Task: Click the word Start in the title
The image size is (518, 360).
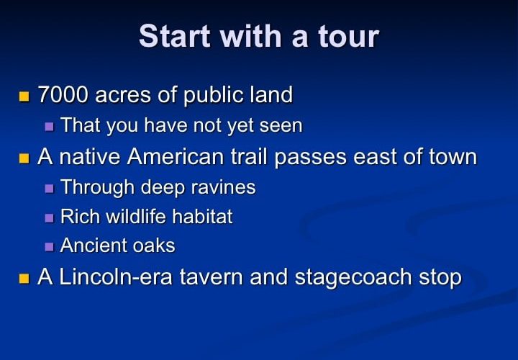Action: tap(174, 36)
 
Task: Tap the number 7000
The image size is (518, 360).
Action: tap(63, 94)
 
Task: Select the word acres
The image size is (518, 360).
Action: tap(122, 96)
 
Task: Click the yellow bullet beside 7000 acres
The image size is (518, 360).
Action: tap(24, 96)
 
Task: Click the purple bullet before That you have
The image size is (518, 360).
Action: tap(49, 127)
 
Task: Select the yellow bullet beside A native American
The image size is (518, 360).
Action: tap(24, 158)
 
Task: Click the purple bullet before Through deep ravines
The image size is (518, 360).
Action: tap(49, 189)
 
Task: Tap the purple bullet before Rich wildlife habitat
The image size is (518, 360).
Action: tap(49, 218)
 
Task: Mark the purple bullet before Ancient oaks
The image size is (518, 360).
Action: tap(49, 247)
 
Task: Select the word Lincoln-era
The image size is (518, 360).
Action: tap(116, 276)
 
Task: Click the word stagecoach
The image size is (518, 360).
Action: tap(353, 278)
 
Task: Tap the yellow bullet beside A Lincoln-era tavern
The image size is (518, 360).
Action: tap(24, 279)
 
